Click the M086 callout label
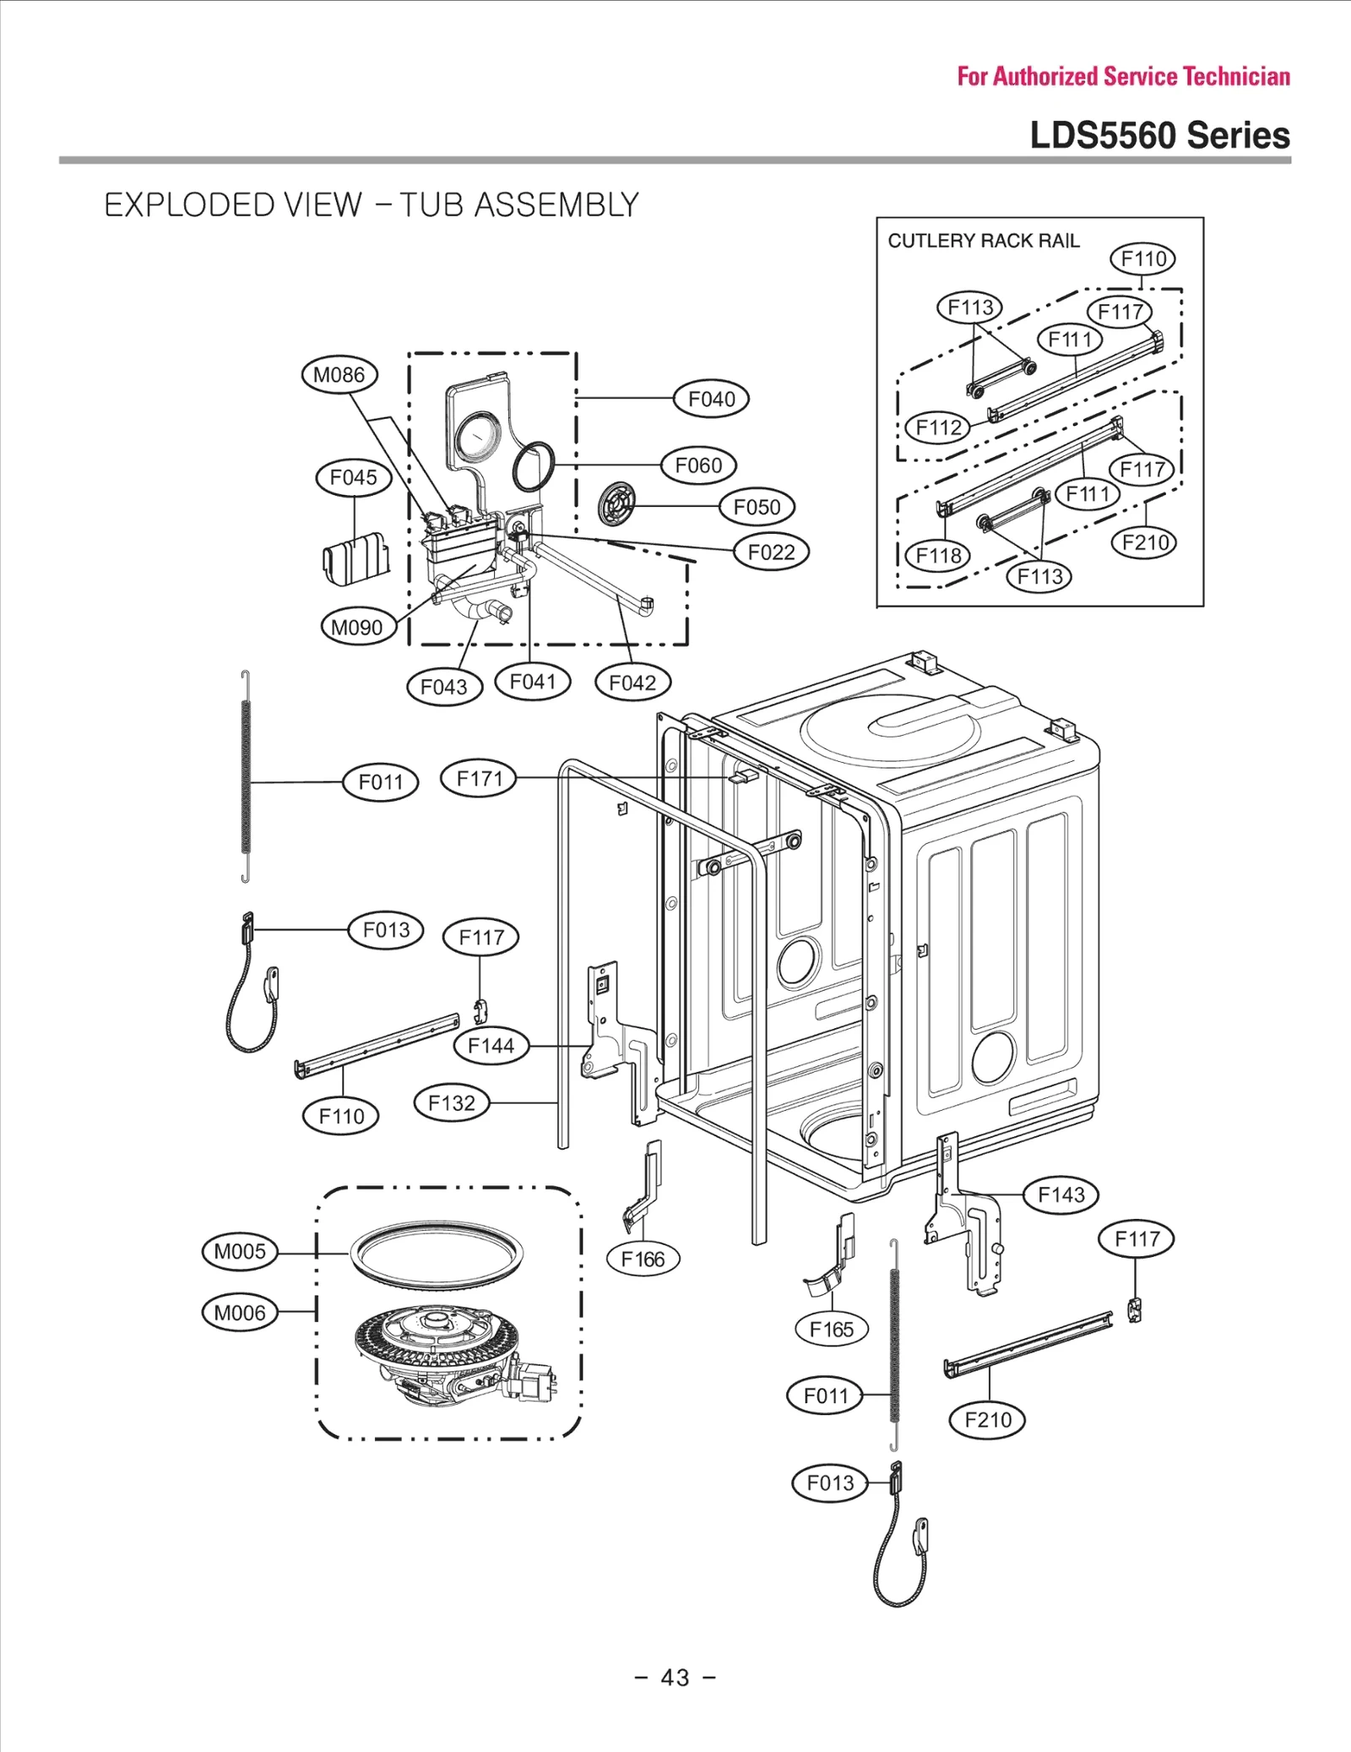(339, 374)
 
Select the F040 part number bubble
(711, 399)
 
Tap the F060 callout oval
(698, 465)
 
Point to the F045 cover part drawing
(356, 558)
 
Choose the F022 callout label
(771, 552)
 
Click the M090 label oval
(357, 628)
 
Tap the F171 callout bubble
(479, 778)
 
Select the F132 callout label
(452, 1103)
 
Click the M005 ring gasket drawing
(437, 1254)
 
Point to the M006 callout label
(240, 1313)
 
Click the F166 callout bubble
(643, 1260)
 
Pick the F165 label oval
(832, 1330)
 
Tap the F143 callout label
(1061, 1194)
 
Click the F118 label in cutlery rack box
(938, 555)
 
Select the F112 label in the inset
(938, 427)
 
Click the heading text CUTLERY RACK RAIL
(984, 241)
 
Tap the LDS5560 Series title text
(1159, 136)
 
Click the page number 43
(675, 1678)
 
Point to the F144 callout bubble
(491, 1046)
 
